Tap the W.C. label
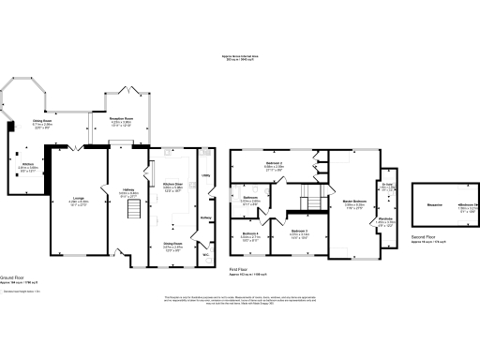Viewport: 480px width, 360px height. pos(204,250)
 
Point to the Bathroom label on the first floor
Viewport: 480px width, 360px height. pos(249,198)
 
